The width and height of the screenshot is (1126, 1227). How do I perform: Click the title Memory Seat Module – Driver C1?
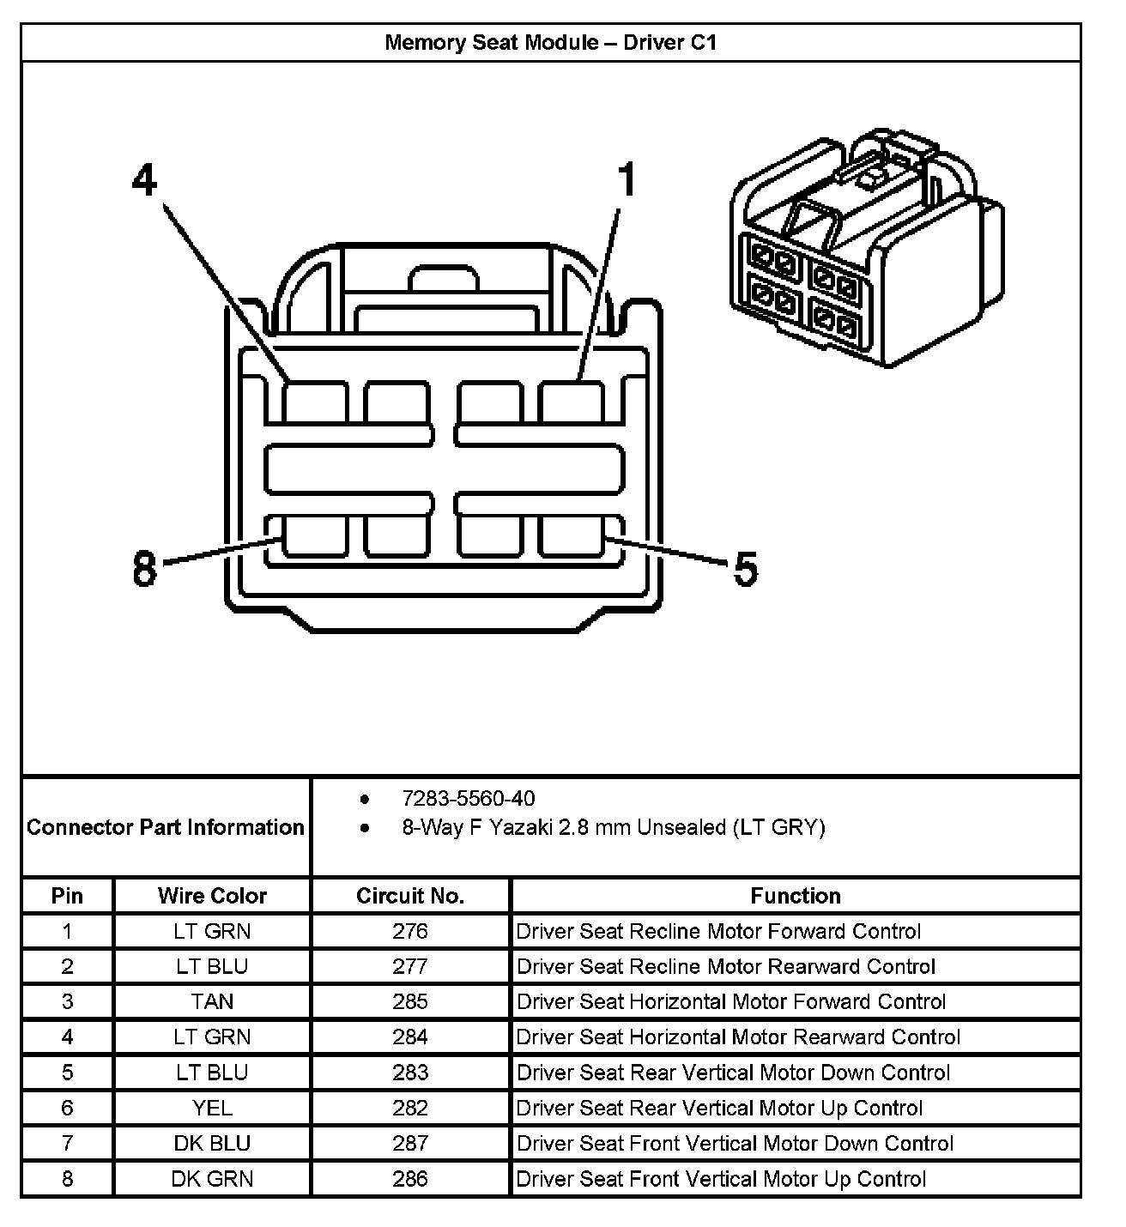point(550,43)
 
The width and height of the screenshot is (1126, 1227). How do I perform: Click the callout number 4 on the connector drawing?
point(145,181)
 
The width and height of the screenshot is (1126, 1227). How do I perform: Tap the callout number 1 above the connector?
point(627,181)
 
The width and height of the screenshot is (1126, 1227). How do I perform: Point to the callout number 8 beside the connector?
point(145,568)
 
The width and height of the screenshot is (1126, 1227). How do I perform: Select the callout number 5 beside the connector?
point(745,570)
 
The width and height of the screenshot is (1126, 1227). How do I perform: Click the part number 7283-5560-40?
point(468,799)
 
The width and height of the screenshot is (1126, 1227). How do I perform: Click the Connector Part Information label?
point(166,827)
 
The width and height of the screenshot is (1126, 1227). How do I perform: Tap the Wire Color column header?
point(212,896)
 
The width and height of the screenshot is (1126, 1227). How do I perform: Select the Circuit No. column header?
point(410,896)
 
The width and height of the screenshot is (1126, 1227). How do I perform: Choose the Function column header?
point(795,896)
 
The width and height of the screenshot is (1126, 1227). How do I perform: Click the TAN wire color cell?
point(212,1001)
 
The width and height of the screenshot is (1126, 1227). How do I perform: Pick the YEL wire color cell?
point(212,1108)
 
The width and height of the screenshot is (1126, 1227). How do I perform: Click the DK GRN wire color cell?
point(212,1178)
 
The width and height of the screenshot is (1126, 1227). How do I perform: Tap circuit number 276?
point(410,931)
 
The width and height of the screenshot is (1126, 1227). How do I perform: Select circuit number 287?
point(410,1143)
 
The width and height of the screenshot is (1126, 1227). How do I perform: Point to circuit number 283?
point(410,1073)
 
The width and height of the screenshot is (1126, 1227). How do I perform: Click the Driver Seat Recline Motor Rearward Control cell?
point(725,966)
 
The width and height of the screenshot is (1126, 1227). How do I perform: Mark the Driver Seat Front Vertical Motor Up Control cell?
point(721,1178)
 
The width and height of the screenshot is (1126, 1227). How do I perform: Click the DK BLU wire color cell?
point(212,1143)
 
